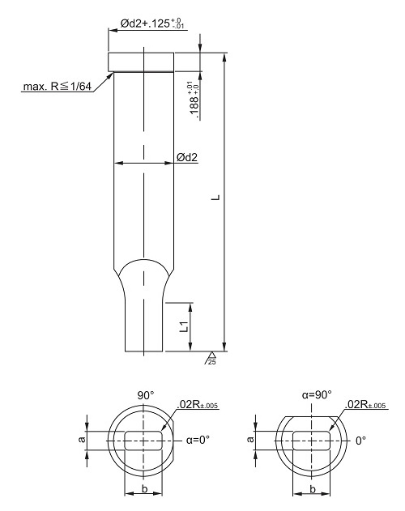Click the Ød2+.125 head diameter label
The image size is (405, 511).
click(x=153, y=23)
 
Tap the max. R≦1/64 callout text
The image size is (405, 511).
click(x=57, y=87)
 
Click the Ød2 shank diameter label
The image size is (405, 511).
click(x=187, y=157)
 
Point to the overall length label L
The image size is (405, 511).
click(x=216, y=197)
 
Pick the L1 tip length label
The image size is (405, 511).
click(x=184, y=326)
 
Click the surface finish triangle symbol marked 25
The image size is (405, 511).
click(x=211, y=358)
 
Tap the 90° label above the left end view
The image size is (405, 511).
click(x=146, y=395)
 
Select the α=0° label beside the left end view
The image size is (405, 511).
click(x=198, y=440)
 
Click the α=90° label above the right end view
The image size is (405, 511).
click(x=317, y=394)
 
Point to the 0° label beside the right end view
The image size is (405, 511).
click(x=360, y=441)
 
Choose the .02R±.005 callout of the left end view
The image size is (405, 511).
click(x=198, y=405)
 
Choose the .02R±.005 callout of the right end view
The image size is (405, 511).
click(x=365, y=405)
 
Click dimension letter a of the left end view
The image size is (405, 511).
click(x=83, y=439)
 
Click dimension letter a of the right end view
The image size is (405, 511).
click(x=250, y=439)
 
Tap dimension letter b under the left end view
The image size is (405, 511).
click(x=145, y=488)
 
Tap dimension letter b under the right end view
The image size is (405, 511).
click(x=313, y=489)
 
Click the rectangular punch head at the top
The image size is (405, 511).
click(x=141, y=62)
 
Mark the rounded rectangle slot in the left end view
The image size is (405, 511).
click(x=143, y=441)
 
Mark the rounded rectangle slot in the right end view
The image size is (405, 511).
click(x=311, y=441)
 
